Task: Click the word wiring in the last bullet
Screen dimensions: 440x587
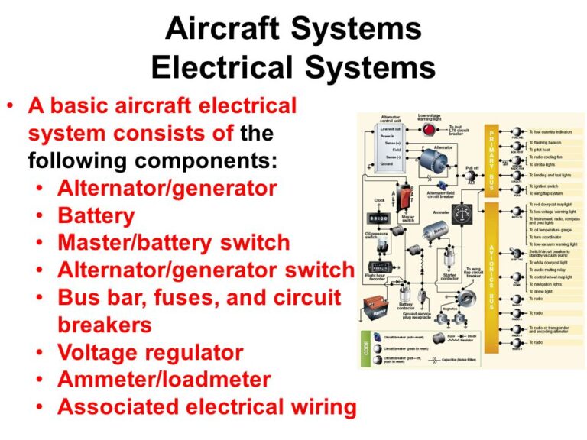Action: pyautogui.click(x=316, y=407)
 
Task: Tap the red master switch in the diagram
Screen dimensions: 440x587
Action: pyautogui.click(x=410, y=195)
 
